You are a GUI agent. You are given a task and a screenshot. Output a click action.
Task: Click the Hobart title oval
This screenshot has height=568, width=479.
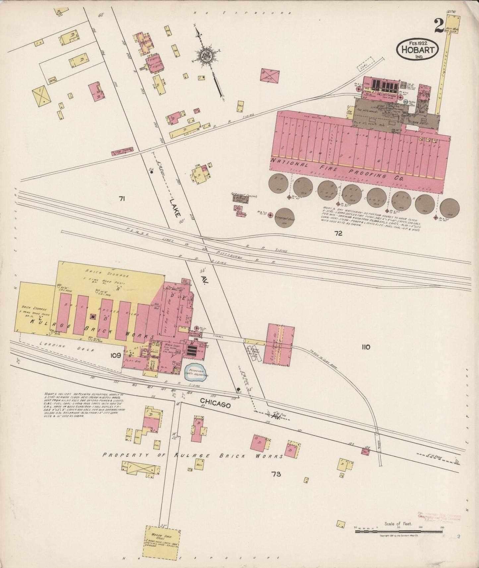[418, 49]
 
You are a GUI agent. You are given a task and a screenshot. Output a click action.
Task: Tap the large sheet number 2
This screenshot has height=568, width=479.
[438, 26]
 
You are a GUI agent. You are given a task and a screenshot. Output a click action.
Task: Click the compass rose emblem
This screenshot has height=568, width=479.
[207, 56]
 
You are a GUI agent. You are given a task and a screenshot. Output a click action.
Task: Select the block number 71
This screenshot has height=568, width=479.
[122, 199]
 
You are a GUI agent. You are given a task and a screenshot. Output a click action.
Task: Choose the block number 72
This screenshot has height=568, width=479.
[338, 233]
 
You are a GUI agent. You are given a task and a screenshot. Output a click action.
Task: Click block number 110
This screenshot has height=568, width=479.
[366, 347]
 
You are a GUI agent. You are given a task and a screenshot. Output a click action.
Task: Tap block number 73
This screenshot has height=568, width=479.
[276, 474]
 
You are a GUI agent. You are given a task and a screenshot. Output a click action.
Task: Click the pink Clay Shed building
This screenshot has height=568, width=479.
[279, 343]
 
